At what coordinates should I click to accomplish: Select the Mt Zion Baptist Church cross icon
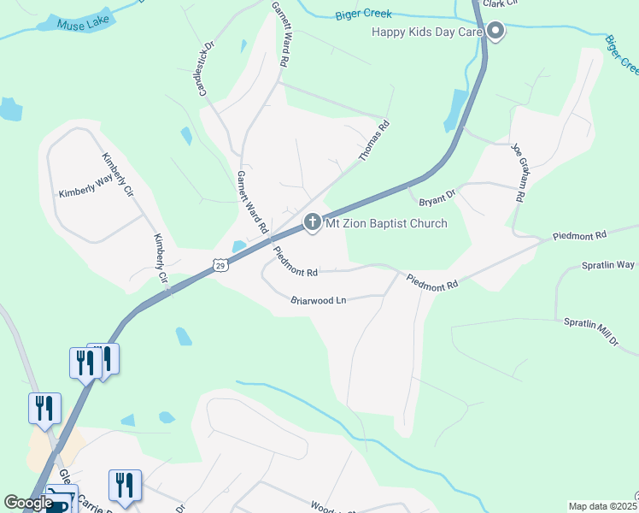pos(312,223)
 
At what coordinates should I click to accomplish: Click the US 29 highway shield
pos(220,266)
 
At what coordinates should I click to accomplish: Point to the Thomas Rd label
pos(374,141)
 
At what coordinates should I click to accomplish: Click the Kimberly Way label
pos(85,187)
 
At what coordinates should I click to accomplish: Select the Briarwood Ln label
pos(318,300)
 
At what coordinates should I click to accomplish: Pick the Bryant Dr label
pos(437,201)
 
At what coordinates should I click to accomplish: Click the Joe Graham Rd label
pos(517,172)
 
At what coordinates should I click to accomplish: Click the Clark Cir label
pos(499,3)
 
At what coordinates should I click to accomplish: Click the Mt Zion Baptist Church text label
pos(385,224)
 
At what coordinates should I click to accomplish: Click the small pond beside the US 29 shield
pos(238,246)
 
